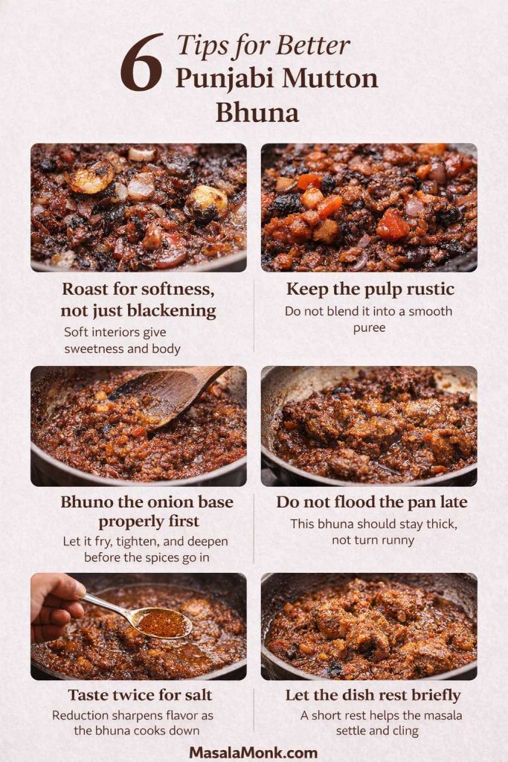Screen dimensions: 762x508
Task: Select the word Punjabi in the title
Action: pos(216,78)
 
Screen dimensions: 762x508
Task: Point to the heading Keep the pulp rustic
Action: pos(370,289)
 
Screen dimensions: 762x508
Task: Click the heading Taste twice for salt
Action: pos(140,695)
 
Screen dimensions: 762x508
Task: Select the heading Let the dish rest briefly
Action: pos(373,695)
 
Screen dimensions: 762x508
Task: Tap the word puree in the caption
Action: pos(369,327)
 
